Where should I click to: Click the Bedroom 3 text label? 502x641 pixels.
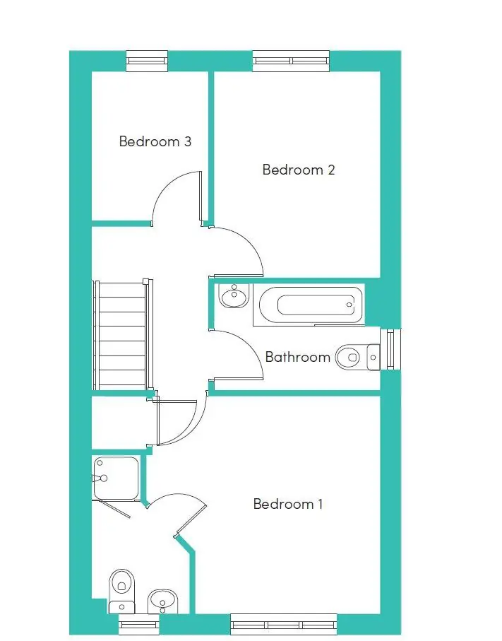(x=155, y=141)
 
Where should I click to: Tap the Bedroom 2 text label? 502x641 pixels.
(x=298, y=170)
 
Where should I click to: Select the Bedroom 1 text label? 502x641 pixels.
(x=288, y=504)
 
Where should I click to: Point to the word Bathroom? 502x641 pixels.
(x=297, y=357)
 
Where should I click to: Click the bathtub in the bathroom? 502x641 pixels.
(x=311, y=305)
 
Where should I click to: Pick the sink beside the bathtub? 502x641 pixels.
(x=233, y=295)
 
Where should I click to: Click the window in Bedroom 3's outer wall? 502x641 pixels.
(x=147, y=61)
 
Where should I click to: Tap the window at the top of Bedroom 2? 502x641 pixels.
(x=291, y=61)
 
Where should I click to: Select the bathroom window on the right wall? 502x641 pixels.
(x=390, y=349)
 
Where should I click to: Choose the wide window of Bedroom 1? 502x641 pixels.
(x=283, y=624)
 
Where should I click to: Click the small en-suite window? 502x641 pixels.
(x=138, y=624)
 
